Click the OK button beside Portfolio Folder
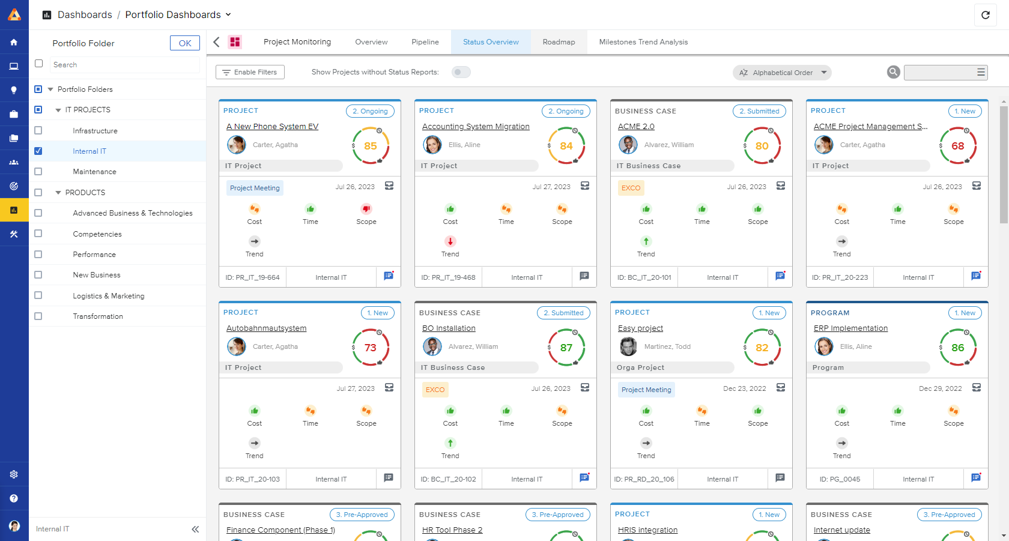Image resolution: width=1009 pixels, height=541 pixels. [x=185, y=43]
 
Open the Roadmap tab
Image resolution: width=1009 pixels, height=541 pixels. [x=559, y=42]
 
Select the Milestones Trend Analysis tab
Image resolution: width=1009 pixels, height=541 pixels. [x=643, y=42]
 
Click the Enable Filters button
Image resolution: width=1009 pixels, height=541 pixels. [x=250, y=72]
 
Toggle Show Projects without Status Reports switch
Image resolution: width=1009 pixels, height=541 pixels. [x=461, y=72]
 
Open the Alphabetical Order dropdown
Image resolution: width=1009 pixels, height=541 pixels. [x=782, y=73]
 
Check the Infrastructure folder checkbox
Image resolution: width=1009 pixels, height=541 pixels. [x=38, y=130]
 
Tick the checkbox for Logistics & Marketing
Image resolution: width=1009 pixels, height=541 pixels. [x=38, y=295]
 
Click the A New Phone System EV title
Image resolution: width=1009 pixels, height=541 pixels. [x=272, y=127]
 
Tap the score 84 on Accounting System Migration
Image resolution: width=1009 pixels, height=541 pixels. [x=566, y=146]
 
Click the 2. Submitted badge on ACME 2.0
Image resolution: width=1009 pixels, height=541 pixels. [x=759, y=111]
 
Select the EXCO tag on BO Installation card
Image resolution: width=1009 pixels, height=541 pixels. [x=435, y=390]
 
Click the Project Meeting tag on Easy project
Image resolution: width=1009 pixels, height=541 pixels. [x=646, y=390]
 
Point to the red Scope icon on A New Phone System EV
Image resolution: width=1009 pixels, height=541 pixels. [x=366, y=209]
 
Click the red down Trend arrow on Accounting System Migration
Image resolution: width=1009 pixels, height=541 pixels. [x=450, y=241]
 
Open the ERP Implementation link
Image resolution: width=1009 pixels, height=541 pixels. [x=850, y=328]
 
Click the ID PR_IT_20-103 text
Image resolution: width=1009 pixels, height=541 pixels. [x=252, y=479]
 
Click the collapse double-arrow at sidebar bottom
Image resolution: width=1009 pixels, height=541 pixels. [x=195, y=529]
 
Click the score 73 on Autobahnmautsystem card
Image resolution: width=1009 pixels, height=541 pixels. [x=370, y=348]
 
